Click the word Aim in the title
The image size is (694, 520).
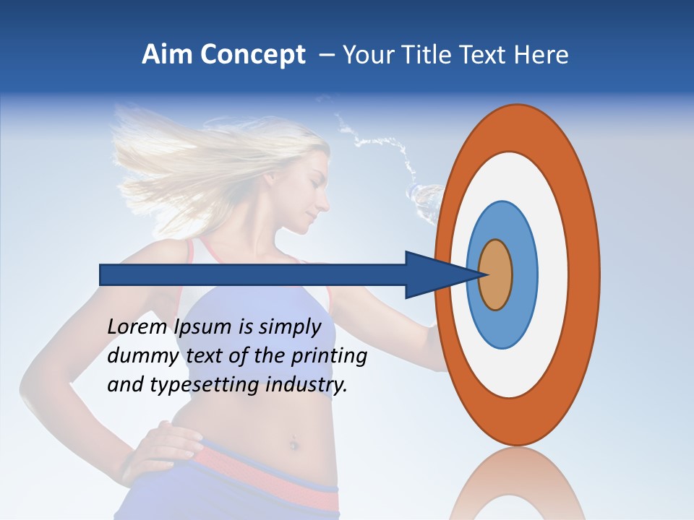(x=166, y=55)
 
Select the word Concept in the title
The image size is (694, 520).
(x=252, y=56)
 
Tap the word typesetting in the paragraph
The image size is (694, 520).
(x=194, y=385)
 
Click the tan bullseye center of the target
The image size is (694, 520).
(x=496, y=274)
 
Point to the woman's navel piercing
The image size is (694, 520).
(x=294, y=443)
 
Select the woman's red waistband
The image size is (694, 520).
(x=267, y=477)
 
